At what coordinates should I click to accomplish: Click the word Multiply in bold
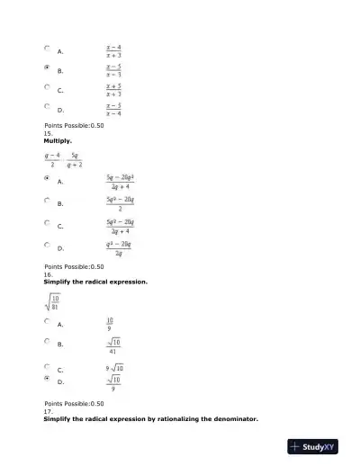58,141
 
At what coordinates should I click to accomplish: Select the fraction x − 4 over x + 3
113,51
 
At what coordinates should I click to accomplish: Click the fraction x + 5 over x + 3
113,90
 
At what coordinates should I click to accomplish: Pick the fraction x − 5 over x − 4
113,110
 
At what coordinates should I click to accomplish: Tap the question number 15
49,133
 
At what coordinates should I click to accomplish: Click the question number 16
49,274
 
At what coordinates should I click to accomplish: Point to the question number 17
49,412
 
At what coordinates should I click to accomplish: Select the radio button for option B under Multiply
47,202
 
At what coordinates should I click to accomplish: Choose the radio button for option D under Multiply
47,245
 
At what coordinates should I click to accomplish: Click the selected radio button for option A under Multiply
47,180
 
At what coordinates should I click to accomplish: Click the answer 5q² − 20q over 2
120,203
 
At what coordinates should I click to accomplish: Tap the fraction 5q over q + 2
75,160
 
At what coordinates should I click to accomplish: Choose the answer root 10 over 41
113,345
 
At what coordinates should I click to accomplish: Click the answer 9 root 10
115,368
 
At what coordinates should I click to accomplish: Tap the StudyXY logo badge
312,446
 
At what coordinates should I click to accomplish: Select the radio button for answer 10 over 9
47,321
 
